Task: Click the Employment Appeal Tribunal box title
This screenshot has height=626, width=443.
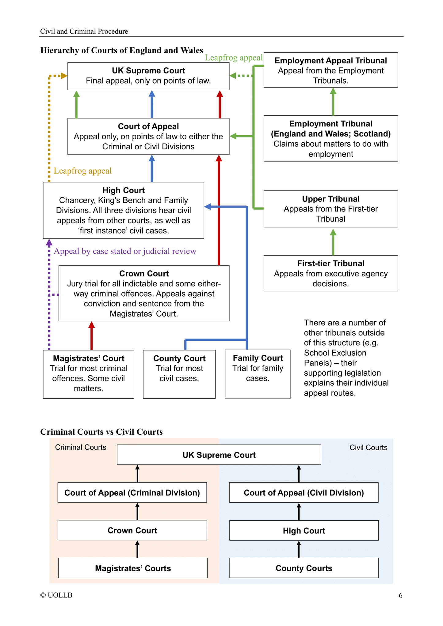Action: point(330,61)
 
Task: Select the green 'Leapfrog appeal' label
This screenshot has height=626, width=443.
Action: point(234,58)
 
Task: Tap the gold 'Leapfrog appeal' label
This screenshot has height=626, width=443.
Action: point(82,171)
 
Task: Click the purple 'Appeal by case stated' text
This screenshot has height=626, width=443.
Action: point(125,251)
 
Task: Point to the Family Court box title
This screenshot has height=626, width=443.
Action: point(258,358)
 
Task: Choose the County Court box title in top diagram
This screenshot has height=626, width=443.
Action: point(179,358)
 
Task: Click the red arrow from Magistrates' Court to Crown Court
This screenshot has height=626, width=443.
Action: point(91,336)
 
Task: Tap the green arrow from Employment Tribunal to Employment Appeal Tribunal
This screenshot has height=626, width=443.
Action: point(333,102)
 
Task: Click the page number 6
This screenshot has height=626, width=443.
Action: point(400,595)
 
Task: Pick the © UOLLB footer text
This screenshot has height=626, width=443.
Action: point(56,595)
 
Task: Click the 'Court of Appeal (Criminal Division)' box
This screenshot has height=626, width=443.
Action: point(132,493)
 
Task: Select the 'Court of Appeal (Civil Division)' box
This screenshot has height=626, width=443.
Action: point(304,493)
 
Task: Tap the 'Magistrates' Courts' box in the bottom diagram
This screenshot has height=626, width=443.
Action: point(133,568)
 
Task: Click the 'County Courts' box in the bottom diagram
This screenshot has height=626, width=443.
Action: point(304,568)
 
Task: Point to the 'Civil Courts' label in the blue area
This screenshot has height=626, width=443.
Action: point(368,448)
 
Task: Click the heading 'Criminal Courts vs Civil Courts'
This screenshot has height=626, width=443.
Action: point(101,432)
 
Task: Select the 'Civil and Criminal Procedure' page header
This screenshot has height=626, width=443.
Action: point(84,31)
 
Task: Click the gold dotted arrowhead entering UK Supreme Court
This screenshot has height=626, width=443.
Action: point(64,76)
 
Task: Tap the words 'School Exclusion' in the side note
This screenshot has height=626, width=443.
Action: point(335,353)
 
